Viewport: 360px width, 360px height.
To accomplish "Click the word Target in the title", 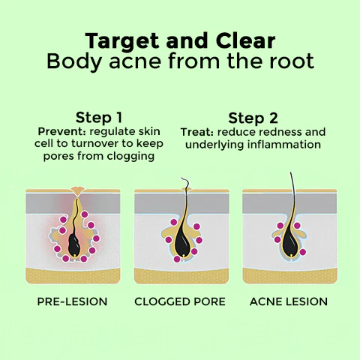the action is click(x=122, y=41).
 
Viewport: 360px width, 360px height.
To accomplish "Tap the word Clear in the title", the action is click(x=245, y=40).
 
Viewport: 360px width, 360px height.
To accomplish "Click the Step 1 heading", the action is click(x=99, y=118).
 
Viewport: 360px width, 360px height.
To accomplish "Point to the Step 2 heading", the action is click(x=253, y=118).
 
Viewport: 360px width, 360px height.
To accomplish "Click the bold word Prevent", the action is click(x=61, y=131).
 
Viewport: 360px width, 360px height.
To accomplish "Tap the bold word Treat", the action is click(x=197, y=132).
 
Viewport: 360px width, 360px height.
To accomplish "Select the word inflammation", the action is click(x=284, y=145).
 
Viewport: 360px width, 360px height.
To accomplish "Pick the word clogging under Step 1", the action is click(x=130, y=157).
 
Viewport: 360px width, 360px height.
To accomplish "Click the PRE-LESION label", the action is click(x=72, y=301).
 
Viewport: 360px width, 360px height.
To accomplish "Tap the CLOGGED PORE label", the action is click(x=180, y=301).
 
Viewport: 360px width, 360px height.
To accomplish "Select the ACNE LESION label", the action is click(x=289, y=301).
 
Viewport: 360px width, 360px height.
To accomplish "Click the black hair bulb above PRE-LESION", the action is click(x=74, y=245).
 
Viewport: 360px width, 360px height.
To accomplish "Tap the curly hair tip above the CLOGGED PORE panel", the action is click(x=181, y=178).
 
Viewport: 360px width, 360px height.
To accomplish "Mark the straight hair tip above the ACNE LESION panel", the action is click(x=290, y=172).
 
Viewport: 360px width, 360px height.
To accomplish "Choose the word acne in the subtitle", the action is click(x=135, y=61).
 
